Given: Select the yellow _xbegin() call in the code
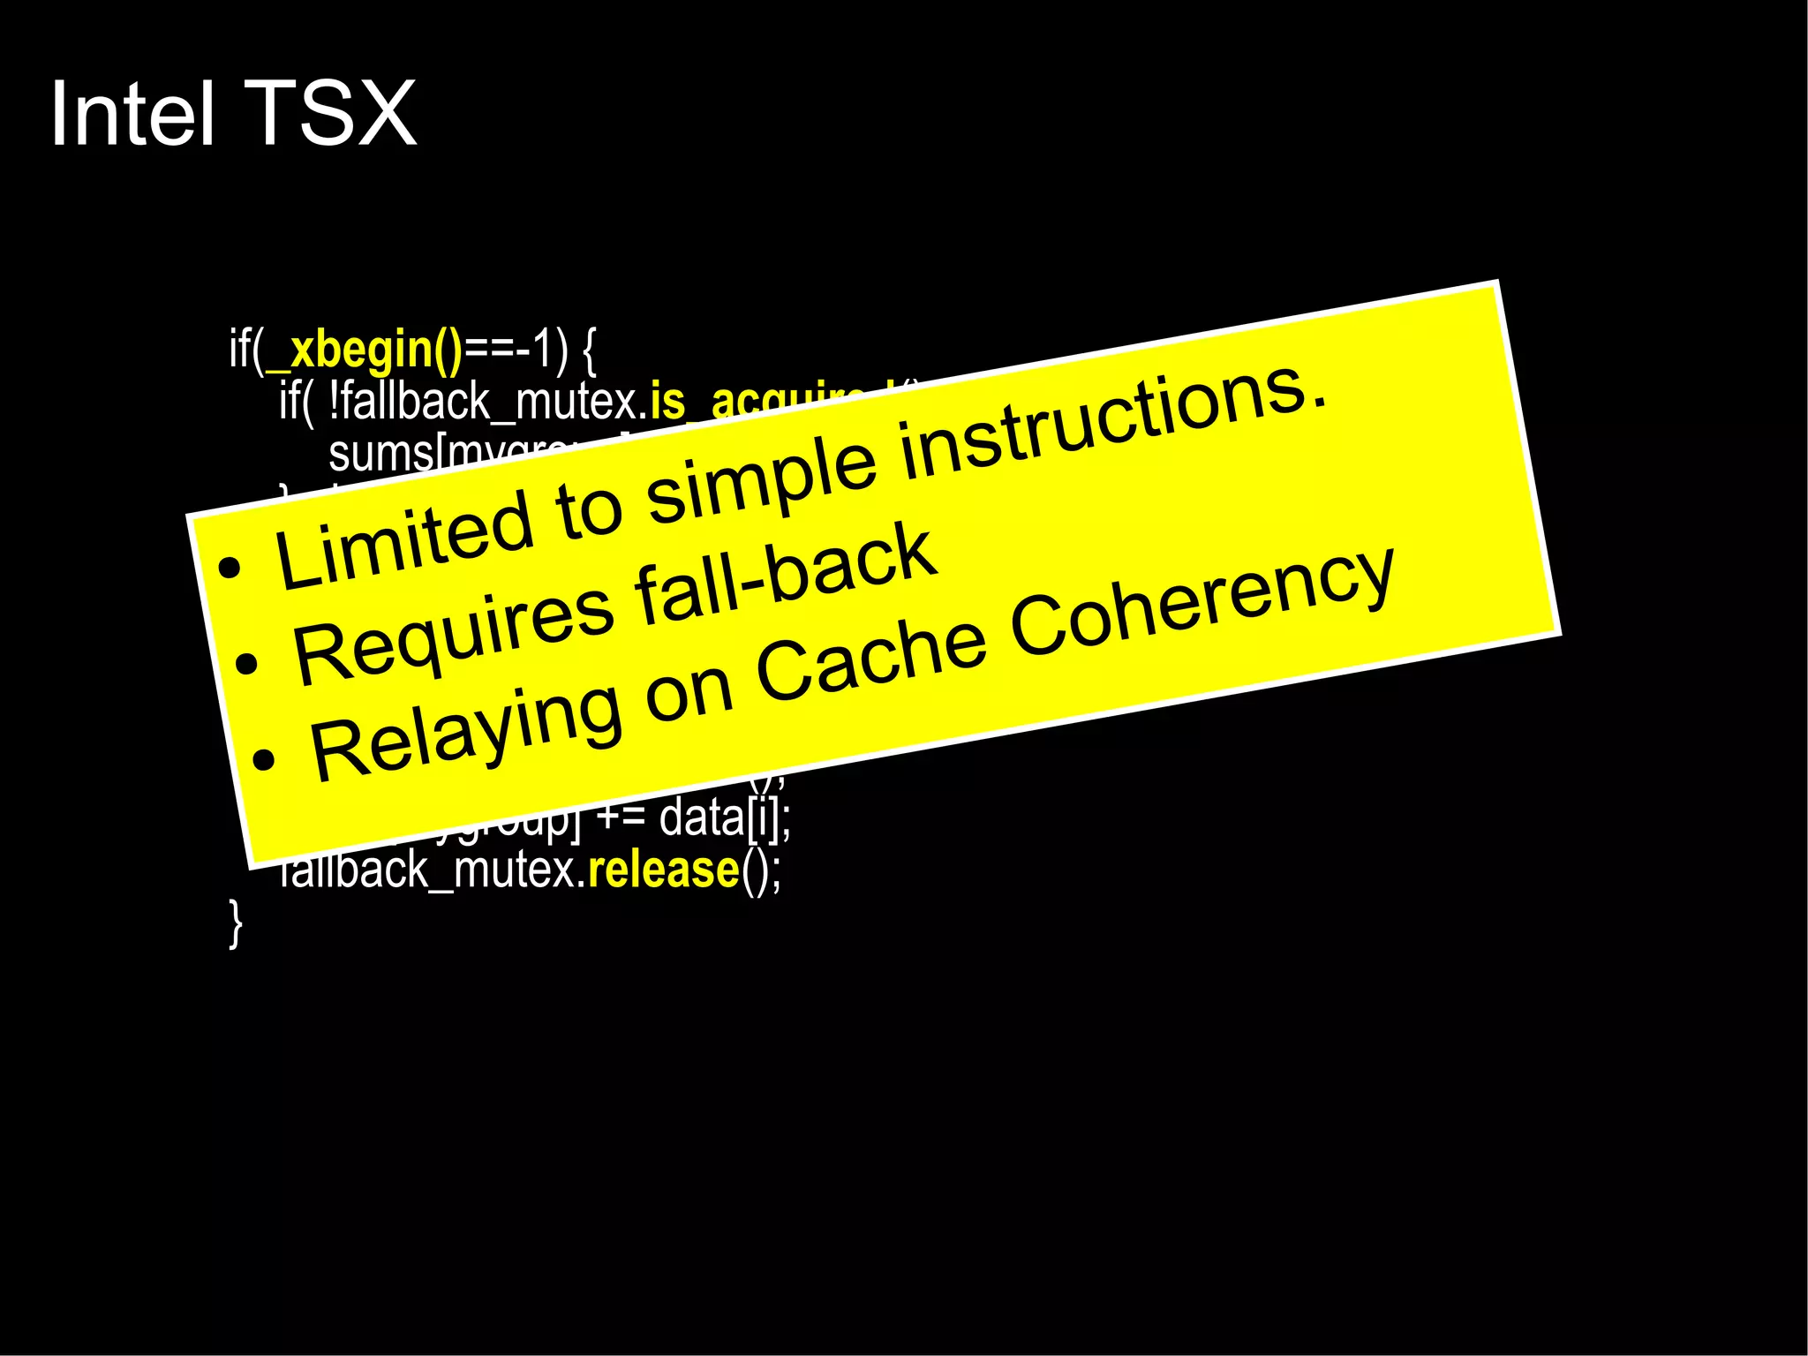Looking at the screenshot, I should click(364, 350).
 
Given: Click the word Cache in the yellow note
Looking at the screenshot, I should click(870, 654).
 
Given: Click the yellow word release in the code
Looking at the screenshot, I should click(663, 870).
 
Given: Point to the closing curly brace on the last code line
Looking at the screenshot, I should click(235, 923).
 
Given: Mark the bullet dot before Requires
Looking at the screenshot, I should click(246, 664).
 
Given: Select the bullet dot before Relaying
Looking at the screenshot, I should click(263, 759).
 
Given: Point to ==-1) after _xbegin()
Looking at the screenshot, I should click(516, 350).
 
